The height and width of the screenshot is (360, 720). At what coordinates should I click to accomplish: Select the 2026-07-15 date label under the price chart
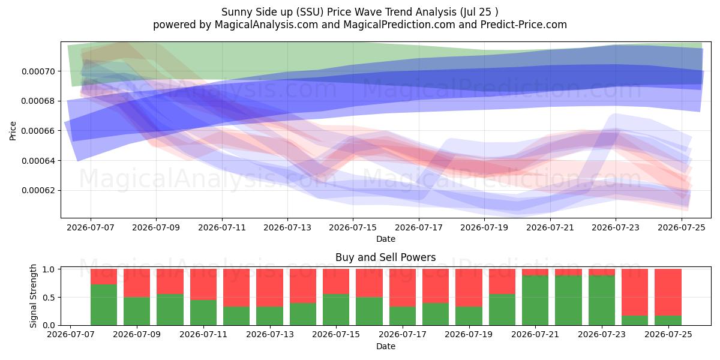(353, 227)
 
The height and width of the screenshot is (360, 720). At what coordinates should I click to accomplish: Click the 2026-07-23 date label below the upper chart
(616, 227)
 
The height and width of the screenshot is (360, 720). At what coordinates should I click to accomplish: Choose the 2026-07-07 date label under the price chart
(91, 227)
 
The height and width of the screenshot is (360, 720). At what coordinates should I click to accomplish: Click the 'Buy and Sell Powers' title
(386, 257)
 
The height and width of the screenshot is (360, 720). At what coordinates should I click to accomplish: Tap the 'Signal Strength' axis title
(33, 296)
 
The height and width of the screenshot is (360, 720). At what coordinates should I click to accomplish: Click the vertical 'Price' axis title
(13, 131)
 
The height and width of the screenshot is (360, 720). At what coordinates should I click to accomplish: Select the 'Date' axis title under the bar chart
(386, 347)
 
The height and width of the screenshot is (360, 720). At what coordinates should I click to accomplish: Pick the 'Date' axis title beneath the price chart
(386, 239)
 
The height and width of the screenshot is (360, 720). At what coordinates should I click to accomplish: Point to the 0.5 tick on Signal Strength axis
(49, 298)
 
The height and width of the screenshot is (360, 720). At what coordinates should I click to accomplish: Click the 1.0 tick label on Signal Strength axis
(49, 269)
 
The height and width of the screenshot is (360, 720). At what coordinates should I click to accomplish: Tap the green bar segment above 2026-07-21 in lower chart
(535, 301)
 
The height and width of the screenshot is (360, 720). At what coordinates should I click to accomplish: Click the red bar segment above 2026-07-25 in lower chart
(668, 292)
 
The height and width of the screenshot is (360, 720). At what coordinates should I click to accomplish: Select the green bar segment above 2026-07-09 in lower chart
(137, 311)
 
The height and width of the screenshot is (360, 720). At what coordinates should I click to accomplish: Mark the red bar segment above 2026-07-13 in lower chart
(269, 287)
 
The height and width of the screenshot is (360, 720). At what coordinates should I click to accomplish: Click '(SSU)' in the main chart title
(310, 12)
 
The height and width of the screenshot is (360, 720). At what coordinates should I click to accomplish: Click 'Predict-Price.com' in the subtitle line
(524, 25)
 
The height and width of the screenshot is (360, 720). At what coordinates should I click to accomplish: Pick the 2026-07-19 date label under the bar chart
(469, 335)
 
